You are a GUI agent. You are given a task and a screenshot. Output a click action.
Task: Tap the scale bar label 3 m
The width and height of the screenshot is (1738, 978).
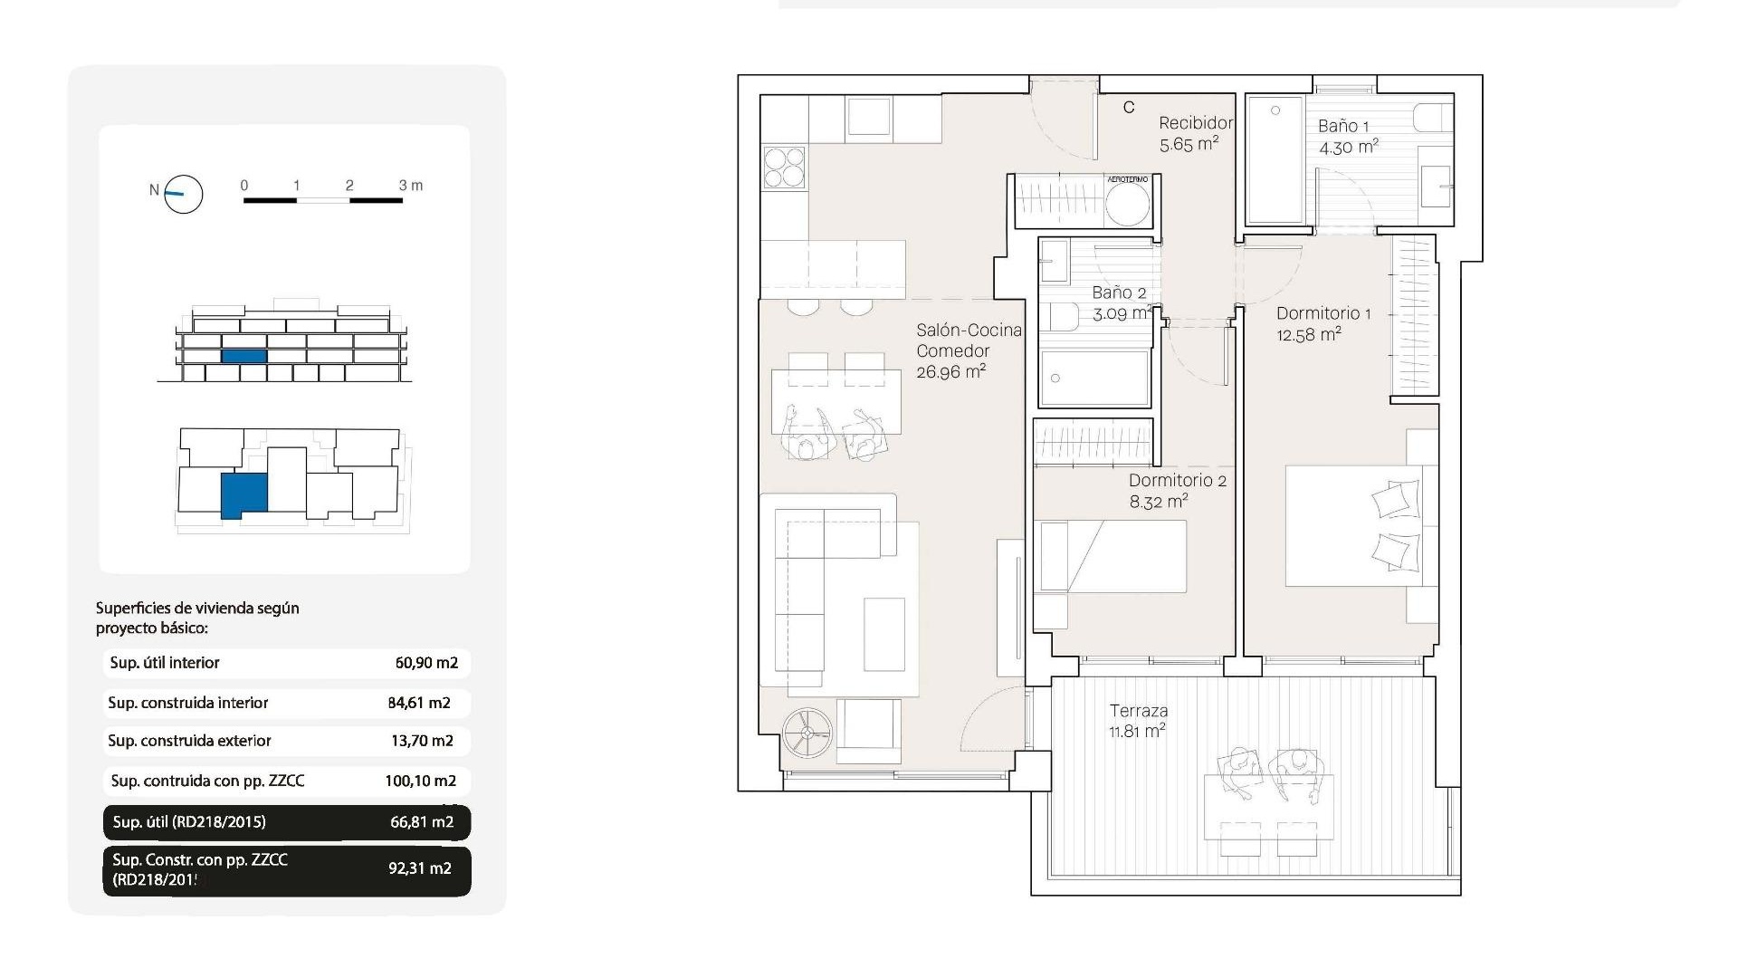click(410, 186)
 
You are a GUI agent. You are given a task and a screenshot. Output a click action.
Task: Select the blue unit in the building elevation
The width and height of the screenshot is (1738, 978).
click(244, 357)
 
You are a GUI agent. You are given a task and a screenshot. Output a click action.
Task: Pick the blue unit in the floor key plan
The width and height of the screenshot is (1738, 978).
click(244, 494)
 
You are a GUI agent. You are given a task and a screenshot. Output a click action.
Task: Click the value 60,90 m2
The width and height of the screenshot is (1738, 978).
click(426, 663)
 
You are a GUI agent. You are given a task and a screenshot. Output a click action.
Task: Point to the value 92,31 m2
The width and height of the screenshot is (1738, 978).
click(420, 868)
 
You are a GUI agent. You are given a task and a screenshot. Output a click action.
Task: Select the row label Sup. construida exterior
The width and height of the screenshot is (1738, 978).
click(189, 741)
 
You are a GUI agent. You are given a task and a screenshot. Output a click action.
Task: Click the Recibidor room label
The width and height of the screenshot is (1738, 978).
click(1196, 123)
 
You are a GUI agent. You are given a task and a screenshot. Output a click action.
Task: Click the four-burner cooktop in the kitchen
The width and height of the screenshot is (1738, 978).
click(784, 168)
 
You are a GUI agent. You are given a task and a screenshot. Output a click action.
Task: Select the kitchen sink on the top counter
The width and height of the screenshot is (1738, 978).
click(868, 118)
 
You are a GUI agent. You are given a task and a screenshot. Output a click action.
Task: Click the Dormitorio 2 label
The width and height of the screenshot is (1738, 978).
click(1178, 481)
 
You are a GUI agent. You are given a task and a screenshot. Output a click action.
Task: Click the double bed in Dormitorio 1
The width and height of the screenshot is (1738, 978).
click(1354, 525)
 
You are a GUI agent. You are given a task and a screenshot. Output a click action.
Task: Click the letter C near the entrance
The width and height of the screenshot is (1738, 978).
click(1129, 108)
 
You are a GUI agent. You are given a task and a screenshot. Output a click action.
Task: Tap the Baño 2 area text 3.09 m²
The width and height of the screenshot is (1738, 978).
click(1122, 314)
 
